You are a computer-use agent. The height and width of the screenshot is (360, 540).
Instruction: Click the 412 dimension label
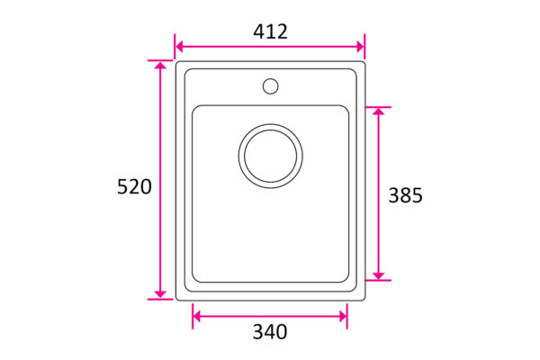[270, 31]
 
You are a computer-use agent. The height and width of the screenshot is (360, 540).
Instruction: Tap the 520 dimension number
[134, 187]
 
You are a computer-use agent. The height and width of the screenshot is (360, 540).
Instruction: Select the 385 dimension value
[405, 195]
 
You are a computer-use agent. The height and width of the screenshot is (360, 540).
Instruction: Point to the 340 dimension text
[270, 332]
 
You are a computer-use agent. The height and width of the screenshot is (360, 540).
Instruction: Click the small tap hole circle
[270, 86]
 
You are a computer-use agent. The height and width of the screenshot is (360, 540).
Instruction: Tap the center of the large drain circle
[270, 156]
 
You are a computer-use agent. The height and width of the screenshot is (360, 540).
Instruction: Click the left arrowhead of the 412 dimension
[179, 47]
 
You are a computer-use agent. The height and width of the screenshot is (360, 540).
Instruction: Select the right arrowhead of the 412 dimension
[361, 47]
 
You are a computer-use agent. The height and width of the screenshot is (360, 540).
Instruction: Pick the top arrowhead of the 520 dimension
[160, 65]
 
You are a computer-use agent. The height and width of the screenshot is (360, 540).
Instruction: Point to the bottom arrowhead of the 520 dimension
[160, 294]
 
